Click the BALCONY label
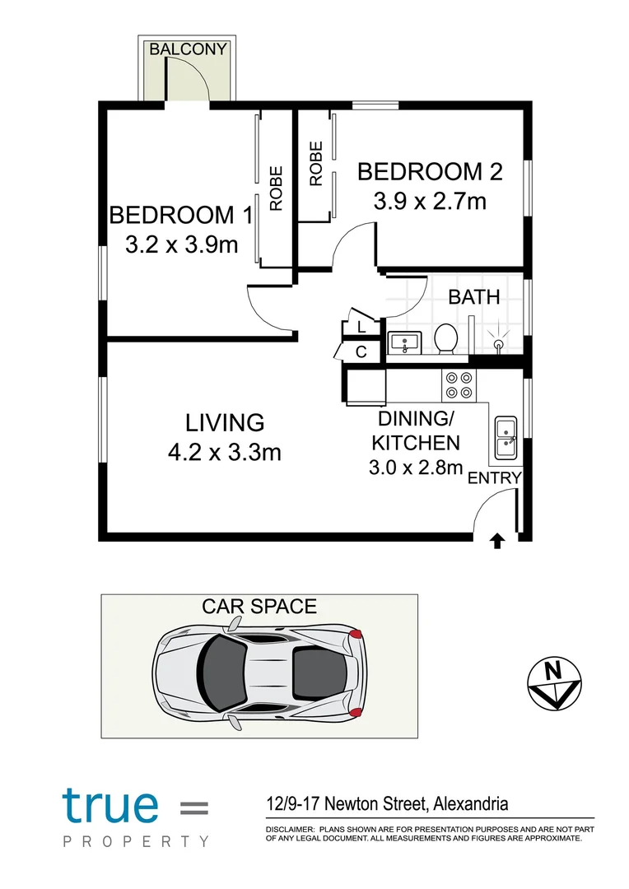point(187,49)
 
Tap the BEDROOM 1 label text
point(181,216)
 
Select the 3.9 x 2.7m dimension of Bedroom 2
point(429,201)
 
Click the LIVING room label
point(225,423)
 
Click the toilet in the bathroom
point(446,338)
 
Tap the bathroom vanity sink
point(403,342)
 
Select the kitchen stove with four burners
point(459,384)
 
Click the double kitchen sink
point(505,436)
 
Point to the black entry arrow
point(497,540)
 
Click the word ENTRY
point(494,478)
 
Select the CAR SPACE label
point(259,607)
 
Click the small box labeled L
point(361,327)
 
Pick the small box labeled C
point(361,352)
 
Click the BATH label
point(474,297)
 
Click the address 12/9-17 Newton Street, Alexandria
point(386,803)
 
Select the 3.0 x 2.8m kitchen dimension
point(415,469)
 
